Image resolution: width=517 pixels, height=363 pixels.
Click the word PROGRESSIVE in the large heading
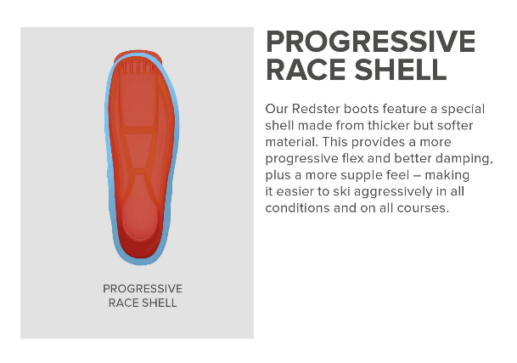(x=370, y=42)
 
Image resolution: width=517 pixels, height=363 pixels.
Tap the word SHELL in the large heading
(x=401, y=70)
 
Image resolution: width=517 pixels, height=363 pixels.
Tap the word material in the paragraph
(x=290, y=142)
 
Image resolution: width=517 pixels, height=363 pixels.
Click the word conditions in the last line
(x=297, y=207)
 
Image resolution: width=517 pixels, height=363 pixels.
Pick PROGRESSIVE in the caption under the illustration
(x=143, y=289)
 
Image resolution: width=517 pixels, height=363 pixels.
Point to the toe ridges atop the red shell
(x=137, y=67)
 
